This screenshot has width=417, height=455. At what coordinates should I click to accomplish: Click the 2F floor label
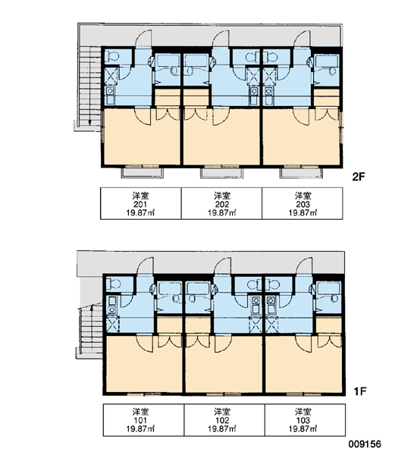click(x=358, y=177)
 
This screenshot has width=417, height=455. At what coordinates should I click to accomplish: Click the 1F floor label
click(x=360, y=391)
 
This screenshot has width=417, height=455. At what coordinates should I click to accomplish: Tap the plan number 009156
click(x=365, y=444)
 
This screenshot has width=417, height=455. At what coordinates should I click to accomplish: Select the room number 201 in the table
click(x=140, y=204)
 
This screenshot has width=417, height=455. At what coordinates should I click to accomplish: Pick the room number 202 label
click(x=222, y=204)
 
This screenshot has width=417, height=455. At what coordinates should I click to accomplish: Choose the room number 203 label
click(x=303, y=204)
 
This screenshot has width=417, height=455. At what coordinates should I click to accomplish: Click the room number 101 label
click(x=140, y=420)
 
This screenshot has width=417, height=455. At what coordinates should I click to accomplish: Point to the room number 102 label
click(x=222, y=420)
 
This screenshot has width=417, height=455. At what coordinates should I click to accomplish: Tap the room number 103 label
click(x=303, y=420)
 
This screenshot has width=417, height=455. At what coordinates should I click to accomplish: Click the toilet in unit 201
click(x=112, y=55)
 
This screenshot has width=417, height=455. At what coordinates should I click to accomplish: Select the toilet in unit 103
click(x=273, y=284)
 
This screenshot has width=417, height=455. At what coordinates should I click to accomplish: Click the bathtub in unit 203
click(x=328, y=61)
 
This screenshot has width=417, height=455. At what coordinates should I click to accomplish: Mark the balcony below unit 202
click(x=221, y=173)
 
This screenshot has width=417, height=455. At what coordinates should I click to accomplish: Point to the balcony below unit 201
click(x=143, y=173)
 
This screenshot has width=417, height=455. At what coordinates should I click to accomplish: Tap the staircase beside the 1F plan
click(x=90, y=329)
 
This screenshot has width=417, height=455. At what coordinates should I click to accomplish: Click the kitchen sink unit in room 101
click(x=112, y=305)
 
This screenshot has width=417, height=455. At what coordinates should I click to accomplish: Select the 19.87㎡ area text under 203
click(x=303, y=213)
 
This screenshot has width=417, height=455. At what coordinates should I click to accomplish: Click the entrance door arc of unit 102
click(x=222, y=265)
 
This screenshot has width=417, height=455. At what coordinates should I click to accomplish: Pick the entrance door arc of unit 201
click(x=143, y=38)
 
